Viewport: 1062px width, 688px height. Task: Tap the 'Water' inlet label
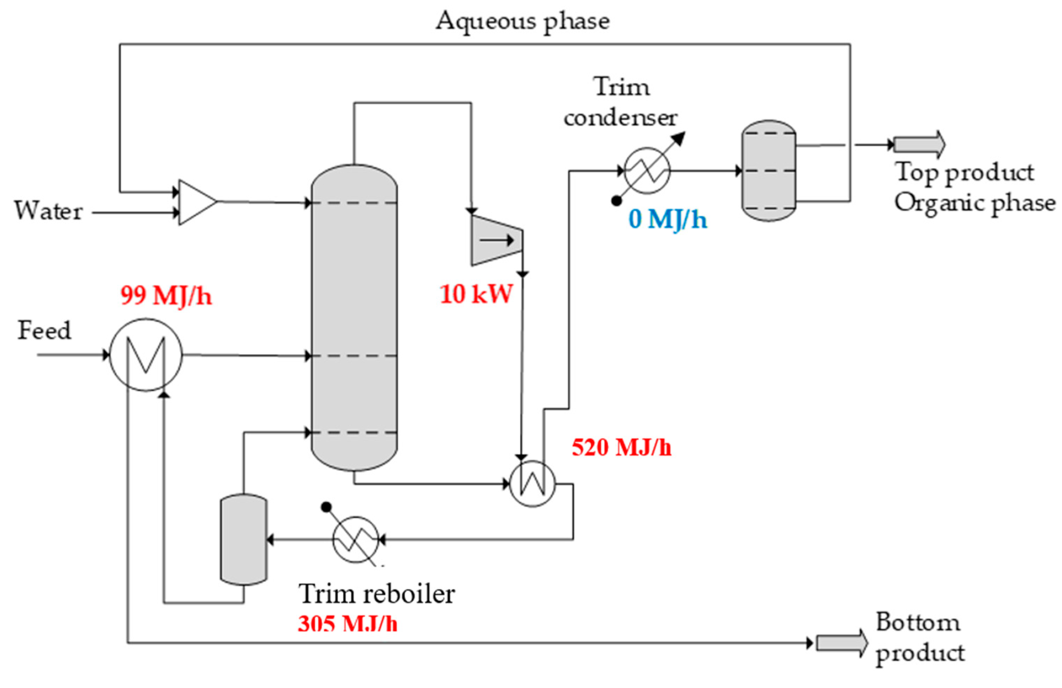48,211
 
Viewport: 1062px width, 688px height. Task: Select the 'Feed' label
44,331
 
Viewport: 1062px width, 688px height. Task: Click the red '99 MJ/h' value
166,296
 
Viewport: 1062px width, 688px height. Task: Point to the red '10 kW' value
476,294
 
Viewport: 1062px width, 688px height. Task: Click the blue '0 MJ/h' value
668,219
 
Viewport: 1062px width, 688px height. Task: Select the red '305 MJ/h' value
347,623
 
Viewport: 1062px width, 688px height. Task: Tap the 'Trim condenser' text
621,102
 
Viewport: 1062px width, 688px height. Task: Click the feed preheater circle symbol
146,355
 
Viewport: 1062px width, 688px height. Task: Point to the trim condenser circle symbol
647,170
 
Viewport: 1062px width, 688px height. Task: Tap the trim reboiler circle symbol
355,539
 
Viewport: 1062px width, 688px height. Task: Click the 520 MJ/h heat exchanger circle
532,483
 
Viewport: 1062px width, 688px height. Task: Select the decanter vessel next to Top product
768,171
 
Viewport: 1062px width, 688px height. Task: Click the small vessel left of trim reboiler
244,539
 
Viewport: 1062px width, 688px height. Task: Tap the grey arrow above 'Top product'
919,144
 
